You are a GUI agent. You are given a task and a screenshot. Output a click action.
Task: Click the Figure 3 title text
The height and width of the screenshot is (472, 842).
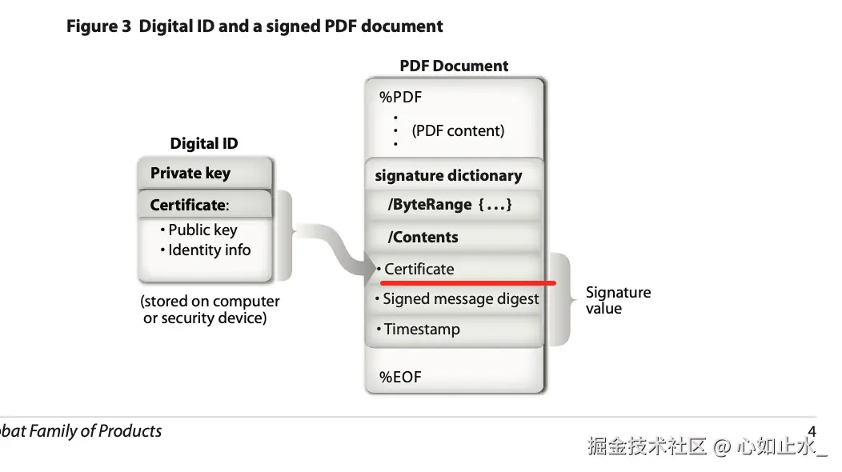point(254,26)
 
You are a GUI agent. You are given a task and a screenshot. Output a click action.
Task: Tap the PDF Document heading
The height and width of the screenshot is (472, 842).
point(454,66)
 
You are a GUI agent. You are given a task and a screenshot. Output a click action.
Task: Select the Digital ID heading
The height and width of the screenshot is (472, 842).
point(204,144)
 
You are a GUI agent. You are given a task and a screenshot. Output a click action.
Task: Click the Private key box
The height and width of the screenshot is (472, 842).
point(190,174)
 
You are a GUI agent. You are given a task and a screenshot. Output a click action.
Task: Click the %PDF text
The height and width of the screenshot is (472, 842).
point(400,98)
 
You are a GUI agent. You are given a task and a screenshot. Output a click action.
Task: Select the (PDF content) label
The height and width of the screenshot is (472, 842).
point(458,130)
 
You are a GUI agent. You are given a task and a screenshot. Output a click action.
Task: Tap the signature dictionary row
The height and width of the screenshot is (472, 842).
point(448,176)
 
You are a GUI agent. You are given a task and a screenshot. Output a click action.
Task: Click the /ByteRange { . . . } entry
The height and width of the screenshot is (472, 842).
point(450,205)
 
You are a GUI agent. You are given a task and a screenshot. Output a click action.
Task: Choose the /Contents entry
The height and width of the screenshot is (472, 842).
point(423,238)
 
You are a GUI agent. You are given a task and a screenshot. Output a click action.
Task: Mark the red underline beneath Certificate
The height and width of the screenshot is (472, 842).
point(467,282)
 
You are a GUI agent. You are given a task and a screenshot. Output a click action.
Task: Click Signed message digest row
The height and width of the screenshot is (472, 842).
point(460,299)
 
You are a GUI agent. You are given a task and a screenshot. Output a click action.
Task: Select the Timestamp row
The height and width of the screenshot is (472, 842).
point(421,329)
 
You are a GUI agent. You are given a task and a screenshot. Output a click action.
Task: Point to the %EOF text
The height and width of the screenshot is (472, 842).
point(400,377)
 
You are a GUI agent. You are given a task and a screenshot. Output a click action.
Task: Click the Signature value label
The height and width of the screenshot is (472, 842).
point(618,300)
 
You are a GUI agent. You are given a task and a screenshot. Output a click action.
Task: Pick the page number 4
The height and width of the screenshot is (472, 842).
point(812,433)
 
